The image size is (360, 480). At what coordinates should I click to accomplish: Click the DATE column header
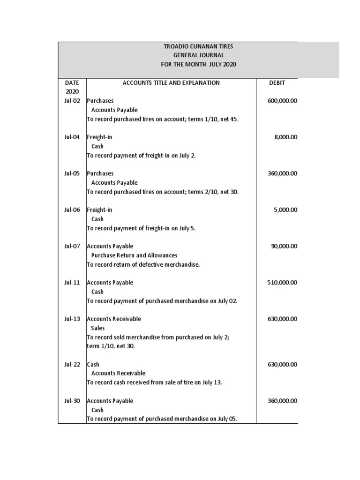[72, 83]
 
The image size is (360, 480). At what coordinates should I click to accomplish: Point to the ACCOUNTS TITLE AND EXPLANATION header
[171, 83]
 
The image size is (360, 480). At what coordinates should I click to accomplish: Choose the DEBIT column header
[277, 83]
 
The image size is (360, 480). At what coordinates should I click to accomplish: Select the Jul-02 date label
[72, 101]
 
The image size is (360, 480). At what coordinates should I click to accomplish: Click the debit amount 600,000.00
[282, 101]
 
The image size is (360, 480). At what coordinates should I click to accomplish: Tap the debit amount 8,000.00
[285, 137]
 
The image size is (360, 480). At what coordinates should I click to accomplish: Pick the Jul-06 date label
[72, 210]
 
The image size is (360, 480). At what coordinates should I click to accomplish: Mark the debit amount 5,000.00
[285, 210]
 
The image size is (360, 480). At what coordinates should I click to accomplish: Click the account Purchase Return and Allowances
[134, 255]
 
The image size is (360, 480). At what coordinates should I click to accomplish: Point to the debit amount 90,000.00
[284, 247]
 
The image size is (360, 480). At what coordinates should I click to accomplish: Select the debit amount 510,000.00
[282, 283]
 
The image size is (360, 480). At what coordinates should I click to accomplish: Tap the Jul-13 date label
[72, 319]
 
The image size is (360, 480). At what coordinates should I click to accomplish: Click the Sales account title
[98, 328]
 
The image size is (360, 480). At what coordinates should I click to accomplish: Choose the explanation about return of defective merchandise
[143, 265]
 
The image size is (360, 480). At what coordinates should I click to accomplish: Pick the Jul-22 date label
[72, 365]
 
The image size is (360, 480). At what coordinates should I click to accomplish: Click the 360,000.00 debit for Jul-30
[282, 401]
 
